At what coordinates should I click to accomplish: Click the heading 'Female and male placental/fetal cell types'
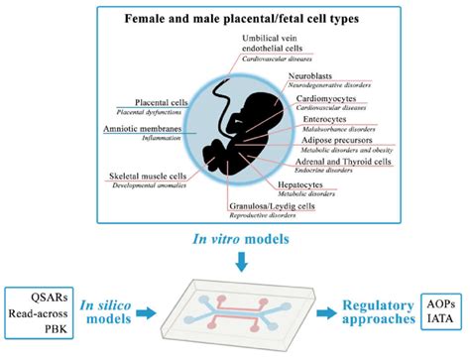(x=235, y=20)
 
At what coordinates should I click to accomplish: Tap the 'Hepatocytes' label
(x=326, y=181)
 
